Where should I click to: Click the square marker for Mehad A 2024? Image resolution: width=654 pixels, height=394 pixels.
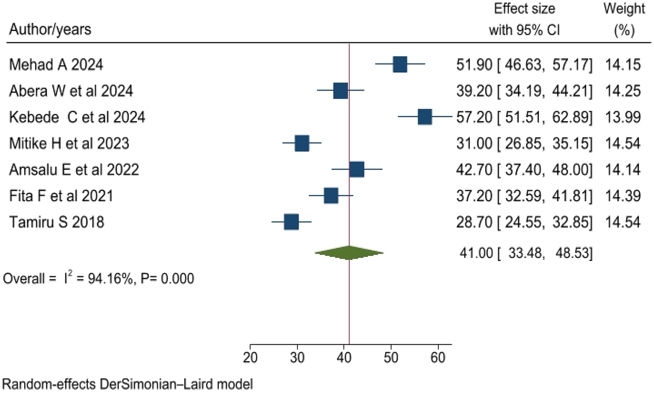(400, 64)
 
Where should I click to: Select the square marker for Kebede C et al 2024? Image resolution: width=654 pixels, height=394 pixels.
(425, 117)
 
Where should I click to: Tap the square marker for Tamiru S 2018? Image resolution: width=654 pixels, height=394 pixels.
(291, 222)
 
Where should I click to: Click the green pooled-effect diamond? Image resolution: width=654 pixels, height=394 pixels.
(349, 253)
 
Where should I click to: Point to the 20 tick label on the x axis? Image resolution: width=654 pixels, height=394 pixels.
(250, 358)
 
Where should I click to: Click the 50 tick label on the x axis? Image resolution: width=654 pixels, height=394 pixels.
(391, 358)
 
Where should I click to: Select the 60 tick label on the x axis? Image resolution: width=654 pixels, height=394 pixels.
(438, 358)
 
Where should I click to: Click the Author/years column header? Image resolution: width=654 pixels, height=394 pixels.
(50, 29)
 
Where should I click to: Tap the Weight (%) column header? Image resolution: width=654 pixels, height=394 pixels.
(624, 19)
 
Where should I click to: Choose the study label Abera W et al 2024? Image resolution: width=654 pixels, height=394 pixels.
(71, 91)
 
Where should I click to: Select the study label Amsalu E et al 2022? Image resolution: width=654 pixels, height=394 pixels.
(74, 169)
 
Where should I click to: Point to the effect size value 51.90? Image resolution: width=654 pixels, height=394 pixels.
(474, 64)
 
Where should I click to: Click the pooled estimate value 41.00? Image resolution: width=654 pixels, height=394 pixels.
(476, 253)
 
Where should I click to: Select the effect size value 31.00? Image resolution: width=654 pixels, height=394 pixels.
(474, 143)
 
